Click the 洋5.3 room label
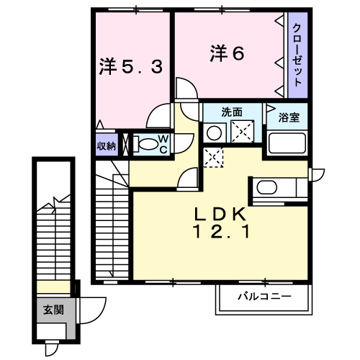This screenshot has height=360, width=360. pos(131,66)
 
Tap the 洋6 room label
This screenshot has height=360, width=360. pos(227,53)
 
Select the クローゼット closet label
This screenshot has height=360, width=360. pos(297,55)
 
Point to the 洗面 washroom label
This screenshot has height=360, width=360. pos(232,112)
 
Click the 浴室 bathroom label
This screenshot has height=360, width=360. pos(289,117)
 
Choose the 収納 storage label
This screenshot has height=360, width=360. pos(107,145)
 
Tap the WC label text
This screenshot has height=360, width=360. pos(163,144)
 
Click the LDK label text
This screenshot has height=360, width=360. pos(220,214)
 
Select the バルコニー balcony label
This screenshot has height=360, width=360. pos(264,297)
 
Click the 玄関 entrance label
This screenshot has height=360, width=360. pos(53,310)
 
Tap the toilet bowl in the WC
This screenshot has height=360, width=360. pos(145,144)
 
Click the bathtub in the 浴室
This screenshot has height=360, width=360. pos(287,143)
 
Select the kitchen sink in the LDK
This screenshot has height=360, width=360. pos(267,187)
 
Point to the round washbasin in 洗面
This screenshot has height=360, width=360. pos(214,133)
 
